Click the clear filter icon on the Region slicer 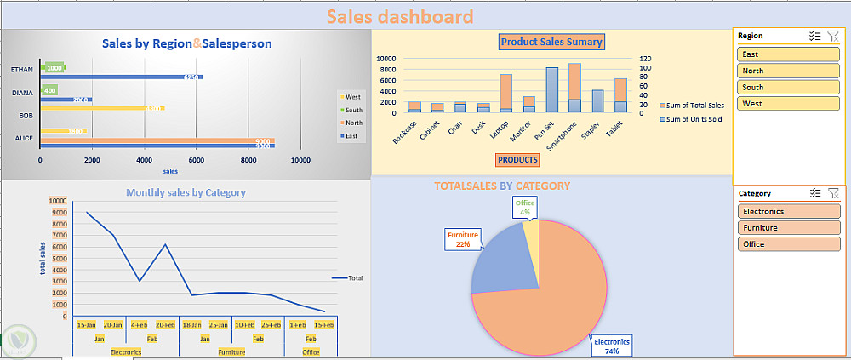click(833, 36)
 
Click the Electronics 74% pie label click(612, 346)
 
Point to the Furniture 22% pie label click(463, 239)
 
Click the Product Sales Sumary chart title click(551, 42)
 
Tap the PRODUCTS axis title click(517, 159)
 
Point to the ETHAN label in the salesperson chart click(22, 69)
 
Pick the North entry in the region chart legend click(353, 122)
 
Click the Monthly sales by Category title click(186, 193)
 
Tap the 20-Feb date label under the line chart click(166, 324)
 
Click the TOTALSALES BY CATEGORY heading click(501, 186)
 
